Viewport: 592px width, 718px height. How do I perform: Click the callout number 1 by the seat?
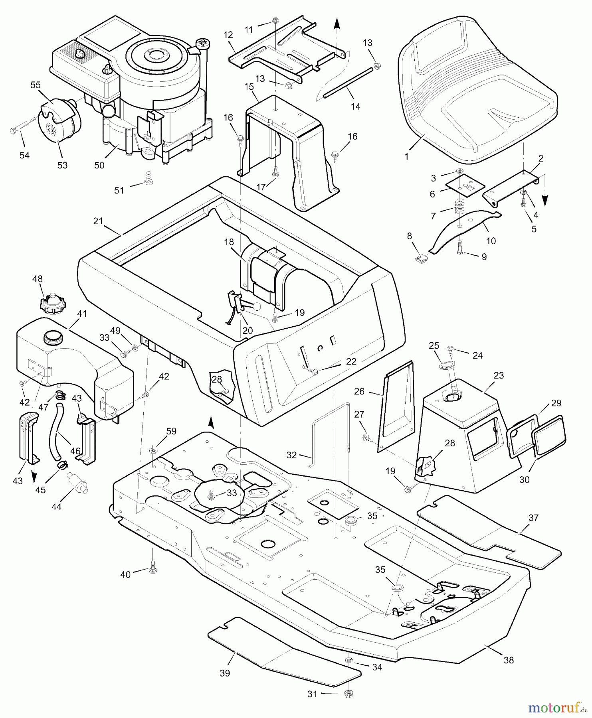pyautogui.click(x=406, y=157)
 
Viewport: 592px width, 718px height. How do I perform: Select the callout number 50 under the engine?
pyautogui.click(x=99, y=165)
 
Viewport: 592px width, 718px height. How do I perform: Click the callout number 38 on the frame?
pyautogui.click(x=508, y=660)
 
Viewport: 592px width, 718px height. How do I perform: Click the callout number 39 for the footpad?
pyautogui.click(x=225, y=673)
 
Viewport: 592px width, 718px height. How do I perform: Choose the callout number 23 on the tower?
pyautogui.click(x=499, y=375)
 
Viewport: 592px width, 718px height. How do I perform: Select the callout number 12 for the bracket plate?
pyautogui.click(x=228, y=35)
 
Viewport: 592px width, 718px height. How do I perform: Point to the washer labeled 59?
pyautogui.click(x=154, y=450)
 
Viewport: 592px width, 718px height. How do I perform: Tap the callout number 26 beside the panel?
pyautogui.click(x=359, y=391)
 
